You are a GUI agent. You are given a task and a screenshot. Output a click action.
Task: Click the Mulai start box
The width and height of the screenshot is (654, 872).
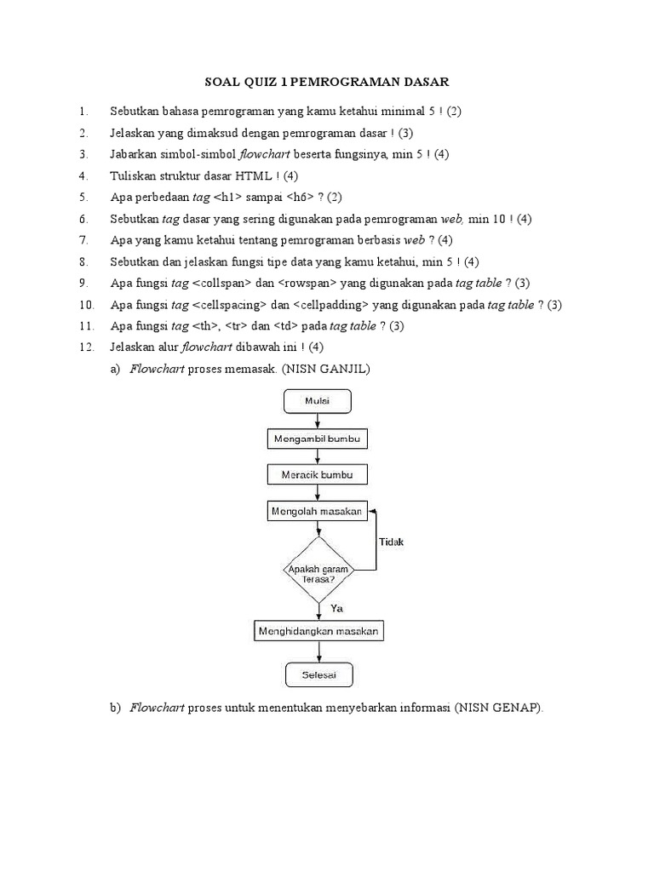click(x=318, y=402)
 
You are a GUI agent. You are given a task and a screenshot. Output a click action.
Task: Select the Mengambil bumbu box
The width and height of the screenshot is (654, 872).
click(x=318, y=439)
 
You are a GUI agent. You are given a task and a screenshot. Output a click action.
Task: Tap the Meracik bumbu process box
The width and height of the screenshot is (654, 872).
click(x=318, y=475)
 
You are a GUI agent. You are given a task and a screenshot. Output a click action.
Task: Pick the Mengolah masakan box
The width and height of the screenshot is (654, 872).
click(x=318, y=511)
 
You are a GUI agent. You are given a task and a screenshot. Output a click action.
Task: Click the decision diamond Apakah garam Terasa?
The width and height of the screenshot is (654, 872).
click(x=318, y=570)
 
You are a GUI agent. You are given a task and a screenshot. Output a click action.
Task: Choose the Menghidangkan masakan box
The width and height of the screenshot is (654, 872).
click(x=318, y=631)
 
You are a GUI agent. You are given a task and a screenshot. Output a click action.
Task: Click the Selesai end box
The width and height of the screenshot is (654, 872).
click(x=319, y=675)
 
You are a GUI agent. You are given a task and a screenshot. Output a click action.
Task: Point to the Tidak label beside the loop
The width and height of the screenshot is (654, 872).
click(x=392, y=542)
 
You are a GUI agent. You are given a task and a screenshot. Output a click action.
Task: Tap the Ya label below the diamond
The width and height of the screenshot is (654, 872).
click(x=337, y=608)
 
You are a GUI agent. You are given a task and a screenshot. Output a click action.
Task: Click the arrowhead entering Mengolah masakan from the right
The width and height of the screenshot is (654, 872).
click(x=371, y=511)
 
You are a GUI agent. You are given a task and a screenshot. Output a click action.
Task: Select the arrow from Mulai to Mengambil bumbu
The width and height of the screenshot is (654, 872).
click(x=318, y=421)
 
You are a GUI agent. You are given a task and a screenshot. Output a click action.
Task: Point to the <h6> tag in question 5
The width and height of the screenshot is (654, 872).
click(x=301, y=197)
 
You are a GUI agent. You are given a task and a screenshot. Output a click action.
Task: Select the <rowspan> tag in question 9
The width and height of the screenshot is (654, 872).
click(x=307, y=283)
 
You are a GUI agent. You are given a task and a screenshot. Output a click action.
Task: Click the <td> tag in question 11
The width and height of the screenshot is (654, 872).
click(x=286, y=326)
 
